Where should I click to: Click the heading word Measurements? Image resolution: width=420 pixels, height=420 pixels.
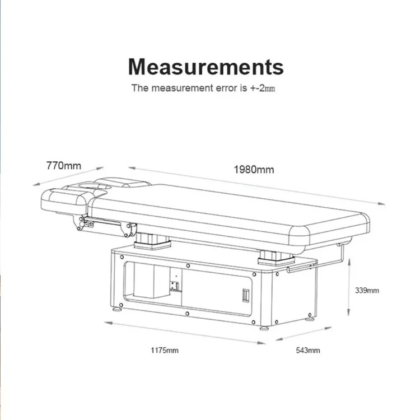[206, 67]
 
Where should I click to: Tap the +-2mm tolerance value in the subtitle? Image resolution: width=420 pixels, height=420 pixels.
[263, 88]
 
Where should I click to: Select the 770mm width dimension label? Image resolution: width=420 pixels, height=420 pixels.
[64, 166]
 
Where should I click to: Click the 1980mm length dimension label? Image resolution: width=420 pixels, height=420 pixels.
[254, 170]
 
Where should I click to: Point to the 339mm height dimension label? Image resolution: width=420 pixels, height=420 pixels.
[367, 290]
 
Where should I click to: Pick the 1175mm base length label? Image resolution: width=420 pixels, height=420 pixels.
[165, 351]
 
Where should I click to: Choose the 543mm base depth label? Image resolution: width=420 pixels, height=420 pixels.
[308, 351]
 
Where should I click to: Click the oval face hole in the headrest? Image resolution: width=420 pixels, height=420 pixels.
[94, 186]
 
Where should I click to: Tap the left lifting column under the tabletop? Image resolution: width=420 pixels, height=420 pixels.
[152, 241]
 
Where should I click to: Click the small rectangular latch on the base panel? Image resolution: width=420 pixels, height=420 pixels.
[246, 295]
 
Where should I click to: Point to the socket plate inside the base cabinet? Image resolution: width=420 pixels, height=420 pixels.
[174, 286]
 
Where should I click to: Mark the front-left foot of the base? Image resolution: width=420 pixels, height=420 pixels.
[117, 309]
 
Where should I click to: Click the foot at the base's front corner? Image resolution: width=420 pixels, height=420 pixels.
[264, 328]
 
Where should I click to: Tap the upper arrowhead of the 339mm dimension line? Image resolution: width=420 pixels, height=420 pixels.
[349, 262]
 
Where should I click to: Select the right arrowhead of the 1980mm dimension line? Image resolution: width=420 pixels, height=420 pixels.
[381, 204]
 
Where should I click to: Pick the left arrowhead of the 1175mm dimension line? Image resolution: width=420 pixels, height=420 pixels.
[108, 323]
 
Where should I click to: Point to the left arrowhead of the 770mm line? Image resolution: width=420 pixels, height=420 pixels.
[37, 184]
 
